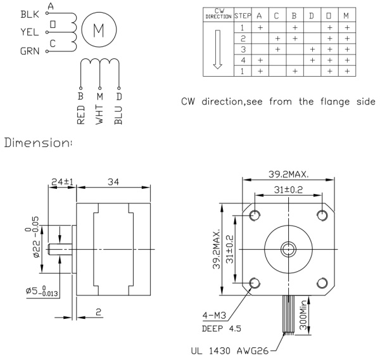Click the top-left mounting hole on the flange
click(255, 215)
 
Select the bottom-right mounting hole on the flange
click(322, 283)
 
